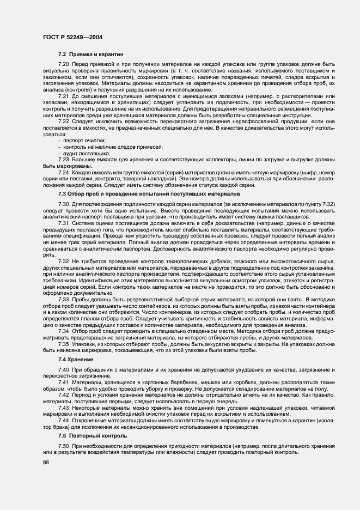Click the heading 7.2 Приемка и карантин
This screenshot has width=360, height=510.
tap(91, 54)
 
